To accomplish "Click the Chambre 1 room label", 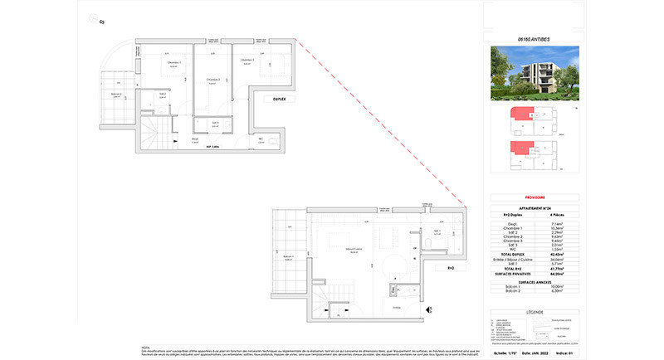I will [173, 65].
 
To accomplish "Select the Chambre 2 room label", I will [212, 80].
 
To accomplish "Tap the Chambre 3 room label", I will [247, 61].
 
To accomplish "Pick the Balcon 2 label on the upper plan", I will [117, 95].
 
